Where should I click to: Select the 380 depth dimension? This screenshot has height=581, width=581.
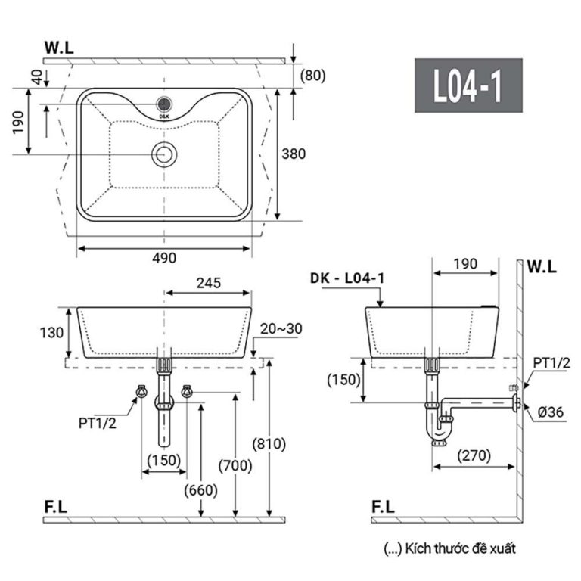point(294,154)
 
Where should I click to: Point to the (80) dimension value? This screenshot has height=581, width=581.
point(312,75)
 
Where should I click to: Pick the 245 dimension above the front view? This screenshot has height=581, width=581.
point(208,283)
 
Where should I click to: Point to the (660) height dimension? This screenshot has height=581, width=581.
point(200,489)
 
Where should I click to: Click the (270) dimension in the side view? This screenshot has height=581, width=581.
point(474,455)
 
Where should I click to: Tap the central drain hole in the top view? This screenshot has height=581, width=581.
point(163,154)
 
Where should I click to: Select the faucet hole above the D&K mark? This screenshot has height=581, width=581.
point(164,104)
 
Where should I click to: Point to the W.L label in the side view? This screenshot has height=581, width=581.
point(542,266)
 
